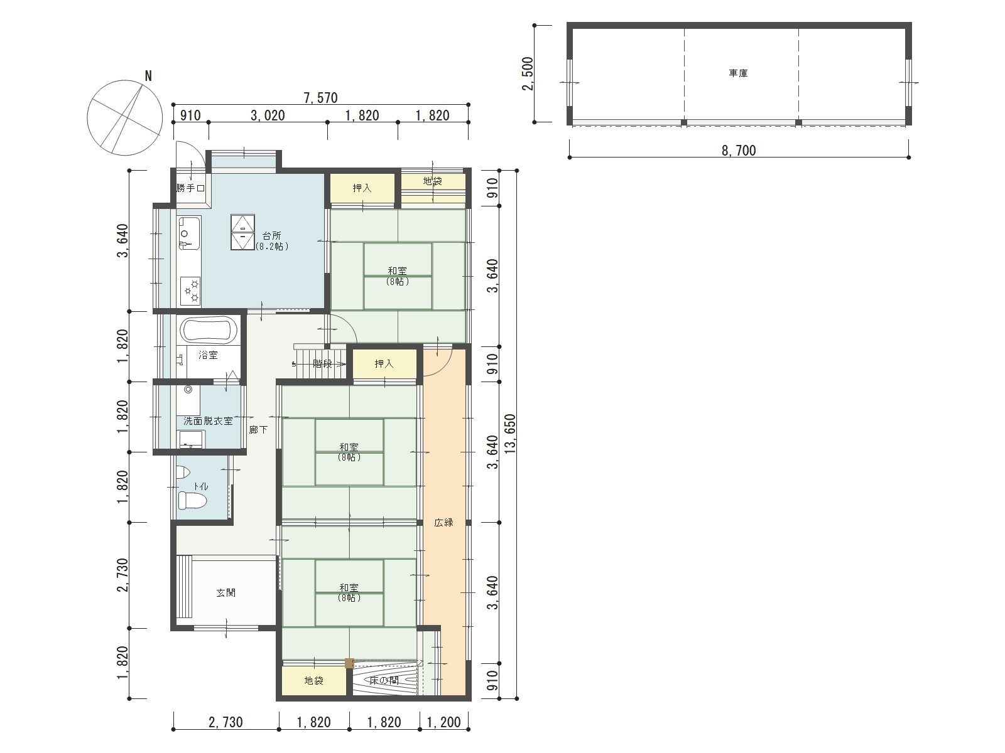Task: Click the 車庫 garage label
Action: [x=738, y=73]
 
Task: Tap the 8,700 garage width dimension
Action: [x=739, y=151]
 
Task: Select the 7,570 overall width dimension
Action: [x=320, y=98]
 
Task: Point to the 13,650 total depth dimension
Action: [x=511, y=434]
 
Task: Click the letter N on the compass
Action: [x=148, y=76]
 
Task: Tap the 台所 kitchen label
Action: [x=271, y=235]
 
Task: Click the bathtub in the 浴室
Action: [x=209, y=329]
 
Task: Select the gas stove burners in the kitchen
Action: [x=190, y=291]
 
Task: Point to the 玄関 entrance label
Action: [x=225, y=593]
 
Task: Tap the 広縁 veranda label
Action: [x=443, y=523]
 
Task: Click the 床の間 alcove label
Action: [x=384, y=681]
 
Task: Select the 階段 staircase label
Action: [x=322, y=364]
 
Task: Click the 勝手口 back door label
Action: [x=190, y=188]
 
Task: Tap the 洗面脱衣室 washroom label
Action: [x=208, y=421]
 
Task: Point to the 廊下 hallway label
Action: [x=258, y=430]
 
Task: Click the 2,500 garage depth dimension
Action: [x=528, y=73]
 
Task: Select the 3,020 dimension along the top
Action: [x=268, y=115]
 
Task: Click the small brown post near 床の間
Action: [x=349, y=663]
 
